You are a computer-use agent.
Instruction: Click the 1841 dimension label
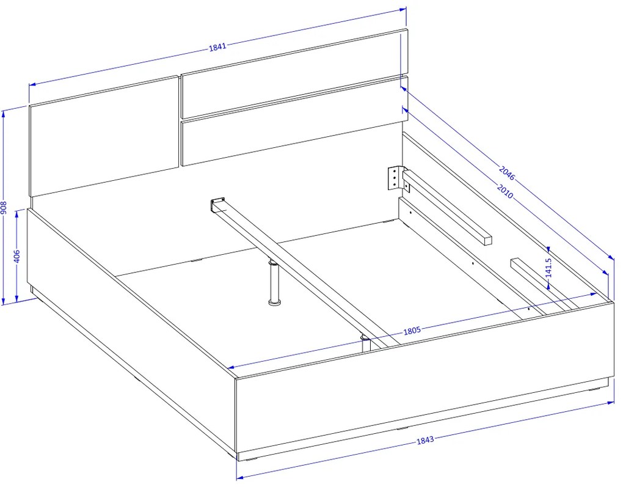click(217, 46)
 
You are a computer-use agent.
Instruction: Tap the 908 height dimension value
click(4, 208)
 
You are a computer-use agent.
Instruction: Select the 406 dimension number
click(16, 257)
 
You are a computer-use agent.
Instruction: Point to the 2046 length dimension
click(506, 174)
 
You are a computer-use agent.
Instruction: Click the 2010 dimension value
click(505, 191)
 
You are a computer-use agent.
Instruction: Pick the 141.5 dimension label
click(548, 268)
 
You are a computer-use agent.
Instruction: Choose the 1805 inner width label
click(412, 331)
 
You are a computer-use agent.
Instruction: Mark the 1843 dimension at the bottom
click(425, 440)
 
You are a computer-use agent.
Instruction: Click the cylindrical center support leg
click(274, 283)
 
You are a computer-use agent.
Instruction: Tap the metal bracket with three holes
click(394, 177)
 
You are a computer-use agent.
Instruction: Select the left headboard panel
click(104, 136)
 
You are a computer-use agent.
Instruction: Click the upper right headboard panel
click(294, 73)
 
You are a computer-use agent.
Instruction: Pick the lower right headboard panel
click(294, 121)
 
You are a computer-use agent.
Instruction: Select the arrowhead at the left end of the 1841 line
click(32, 84)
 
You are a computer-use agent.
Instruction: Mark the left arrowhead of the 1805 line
click(231, 367)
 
